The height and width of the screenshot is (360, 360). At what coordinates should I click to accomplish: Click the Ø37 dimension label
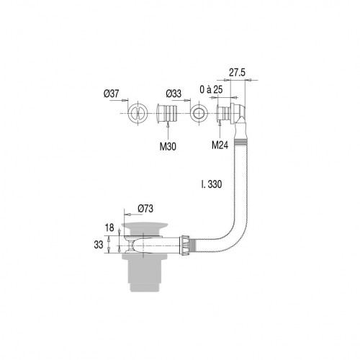pos(111,94)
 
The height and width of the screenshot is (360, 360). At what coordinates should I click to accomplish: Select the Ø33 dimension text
pos(174,94)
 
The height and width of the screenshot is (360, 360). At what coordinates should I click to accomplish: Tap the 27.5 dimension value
pos(237,72)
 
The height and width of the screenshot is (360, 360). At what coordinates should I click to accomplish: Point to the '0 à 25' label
pos(211,89)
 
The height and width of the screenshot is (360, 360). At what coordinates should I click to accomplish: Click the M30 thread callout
pos(168,146)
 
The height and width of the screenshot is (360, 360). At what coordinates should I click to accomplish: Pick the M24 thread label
pos(220,145)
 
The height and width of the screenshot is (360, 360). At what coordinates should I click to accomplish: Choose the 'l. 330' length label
pos(212,184)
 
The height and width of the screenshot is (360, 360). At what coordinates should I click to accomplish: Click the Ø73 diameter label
pos(145,209)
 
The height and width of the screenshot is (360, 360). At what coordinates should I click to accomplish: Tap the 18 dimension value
pos(109,228)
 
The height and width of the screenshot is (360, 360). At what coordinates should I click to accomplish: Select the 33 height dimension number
pos(99,245)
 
